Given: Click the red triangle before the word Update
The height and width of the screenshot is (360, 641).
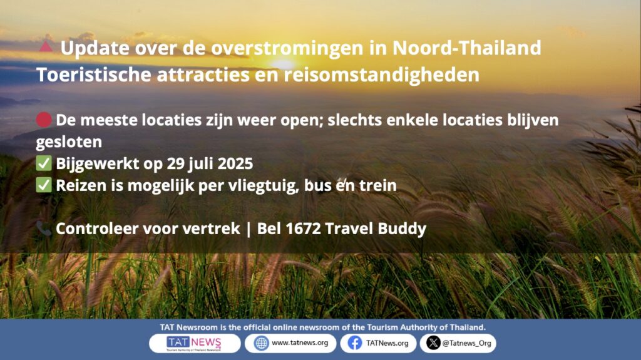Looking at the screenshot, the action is click(x=46, y=46).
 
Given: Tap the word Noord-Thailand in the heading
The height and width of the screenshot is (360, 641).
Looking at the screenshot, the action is click(x=466, y=48).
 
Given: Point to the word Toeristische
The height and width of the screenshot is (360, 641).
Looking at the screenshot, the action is click(x=94, y=75).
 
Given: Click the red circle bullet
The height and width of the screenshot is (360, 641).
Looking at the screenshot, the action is click(x=44, y=120).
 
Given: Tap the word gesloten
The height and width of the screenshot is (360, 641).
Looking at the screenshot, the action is click(x=69, y=142).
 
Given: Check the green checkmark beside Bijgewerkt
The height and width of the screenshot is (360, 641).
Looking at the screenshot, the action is click(x=44, y=163).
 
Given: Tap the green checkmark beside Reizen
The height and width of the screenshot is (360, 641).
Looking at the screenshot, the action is click(x=44, y=185).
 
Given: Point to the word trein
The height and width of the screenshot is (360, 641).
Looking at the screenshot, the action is click(x=377, y=186).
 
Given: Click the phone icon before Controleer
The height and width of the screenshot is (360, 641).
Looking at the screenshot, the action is click(x=44, y=229).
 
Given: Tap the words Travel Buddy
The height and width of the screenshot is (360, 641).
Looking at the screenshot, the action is click(x=376, y=229).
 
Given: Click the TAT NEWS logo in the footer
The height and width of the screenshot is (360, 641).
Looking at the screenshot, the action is click(x=194, y=343).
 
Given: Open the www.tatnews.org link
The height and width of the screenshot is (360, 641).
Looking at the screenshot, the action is click(x=300, y=343).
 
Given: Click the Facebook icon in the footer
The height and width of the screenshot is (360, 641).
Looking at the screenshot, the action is click(x=355, y=343).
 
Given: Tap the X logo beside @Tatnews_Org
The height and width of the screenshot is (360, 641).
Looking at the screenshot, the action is click(x=433, y=343).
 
